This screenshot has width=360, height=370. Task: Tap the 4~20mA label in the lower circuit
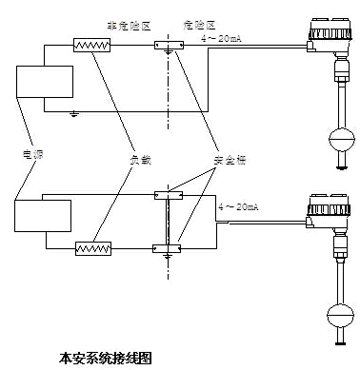[x=239, y=206]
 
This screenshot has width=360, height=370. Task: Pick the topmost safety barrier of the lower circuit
[x=168, y=195]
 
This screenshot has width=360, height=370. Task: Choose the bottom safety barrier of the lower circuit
[x=168, y=249]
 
